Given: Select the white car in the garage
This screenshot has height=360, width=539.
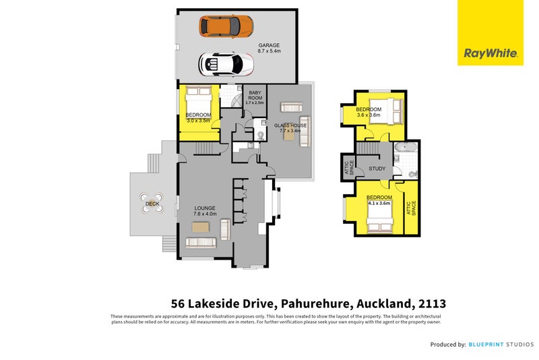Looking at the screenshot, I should click(x=226, y=64).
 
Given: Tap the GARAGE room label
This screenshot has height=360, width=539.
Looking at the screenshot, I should click(x=269, y=46).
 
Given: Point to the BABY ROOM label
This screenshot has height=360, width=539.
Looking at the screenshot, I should click(x=255, y=96).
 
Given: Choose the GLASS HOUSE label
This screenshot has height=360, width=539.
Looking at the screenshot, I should click(x=290, y=125).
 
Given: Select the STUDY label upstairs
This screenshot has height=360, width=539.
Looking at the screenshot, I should click(x=377, y=169).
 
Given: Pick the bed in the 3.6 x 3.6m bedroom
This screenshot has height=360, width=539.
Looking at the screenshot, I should click(x=390, y=107).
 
